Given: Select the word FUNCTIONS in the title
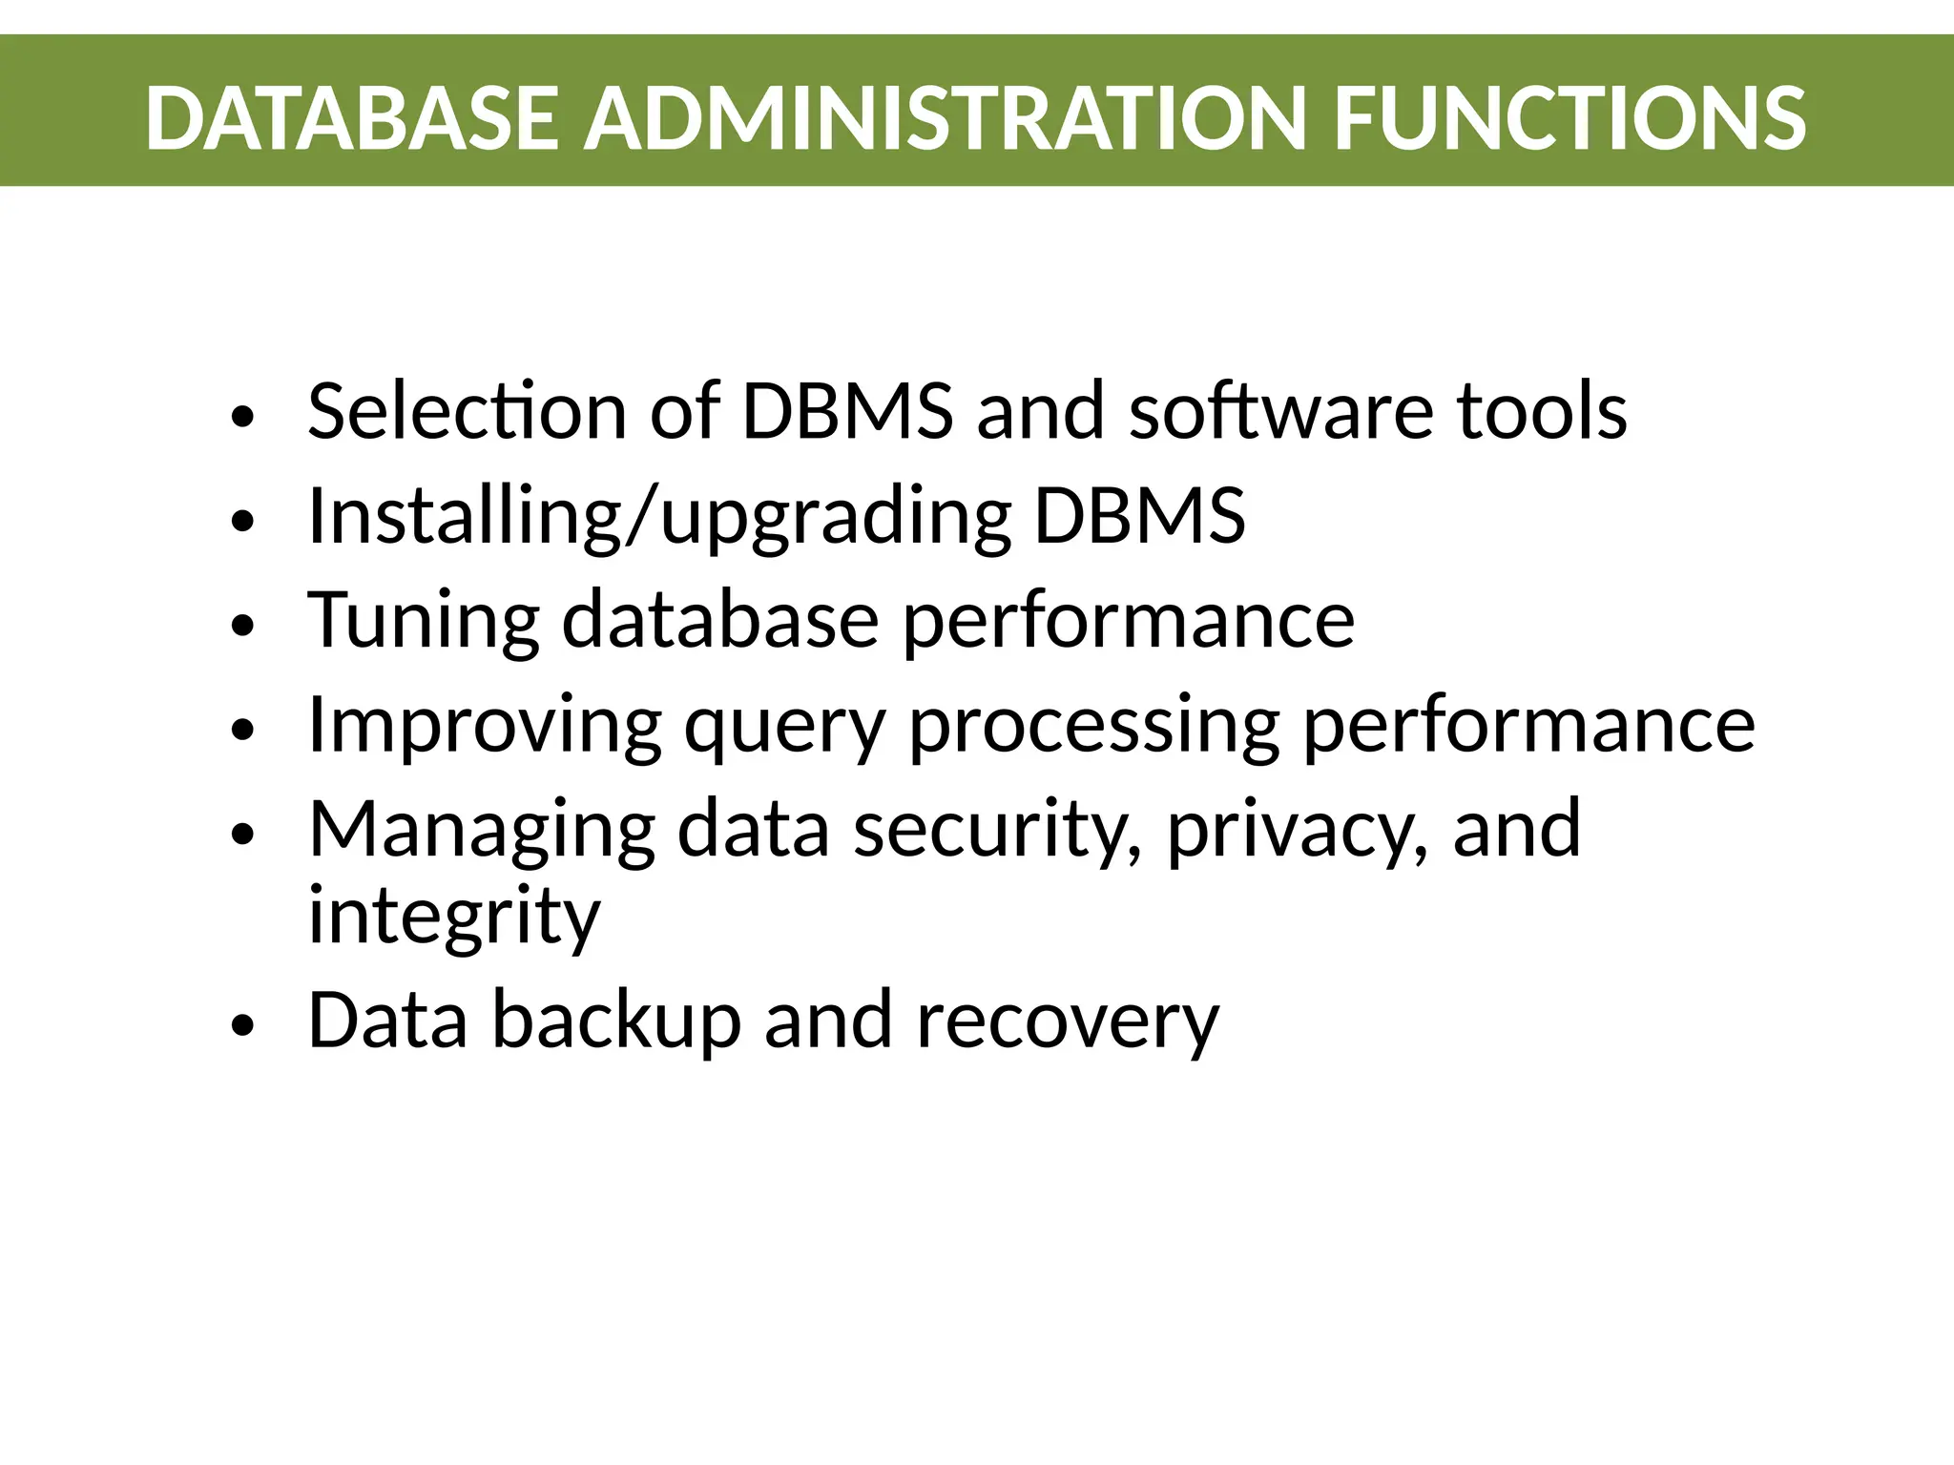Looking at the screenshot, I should [1569, 118].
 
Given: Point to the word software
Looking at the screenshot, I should [1281, 411].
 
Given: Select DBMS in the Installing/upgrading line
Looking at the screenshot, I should [1140, 516].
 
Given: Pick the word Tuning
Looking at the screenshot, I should [424, 620].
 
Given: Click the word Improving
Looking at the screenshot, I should [485, 725].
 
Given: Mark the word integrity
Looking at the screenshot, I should [454, 916].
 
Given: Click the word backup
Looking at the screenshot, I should [616, 1021].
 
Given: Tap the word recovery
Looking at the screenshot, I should [1068, 1021].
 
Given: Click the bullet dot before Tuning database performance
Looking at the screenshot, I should [244, 626].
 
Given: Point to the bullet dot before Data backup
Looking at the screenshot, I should [244, 1025].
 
